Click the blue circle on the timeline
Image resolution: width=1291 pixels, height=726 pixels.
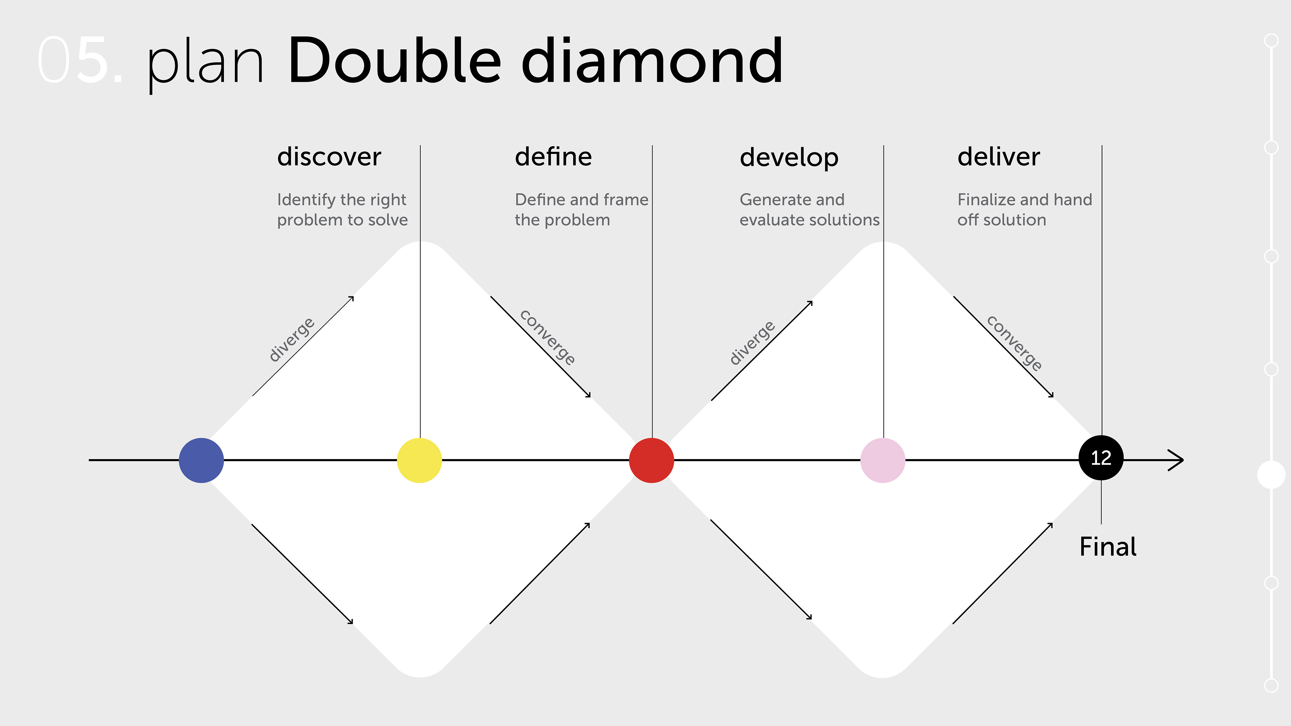[201, 460]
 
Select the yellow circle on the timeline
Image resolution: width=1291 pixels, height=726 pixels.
[419, 460]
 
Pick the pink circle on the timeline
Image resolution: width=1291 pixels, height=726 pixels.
[883, 460]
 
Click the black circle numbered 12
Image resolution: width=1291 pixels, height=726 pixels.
[1101, 457]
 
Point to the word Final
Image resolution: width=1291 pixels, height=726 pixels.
[1107, 546]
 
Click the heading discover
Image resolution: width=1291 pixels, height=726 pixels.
[329, 157]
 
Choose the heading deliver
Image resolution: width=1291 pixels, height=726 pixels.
[998, 157]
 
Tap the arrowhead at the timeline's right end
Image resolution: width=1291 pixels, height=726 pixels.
[1177, 460]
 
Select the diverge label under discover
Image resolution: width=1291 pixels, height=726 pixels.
[292, 339]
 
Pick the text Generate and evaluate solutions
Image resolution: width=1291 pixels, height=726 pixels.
[809, 209]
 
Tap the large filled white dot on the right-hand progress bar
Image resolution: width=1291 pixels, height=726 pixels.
[1271, 475]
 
